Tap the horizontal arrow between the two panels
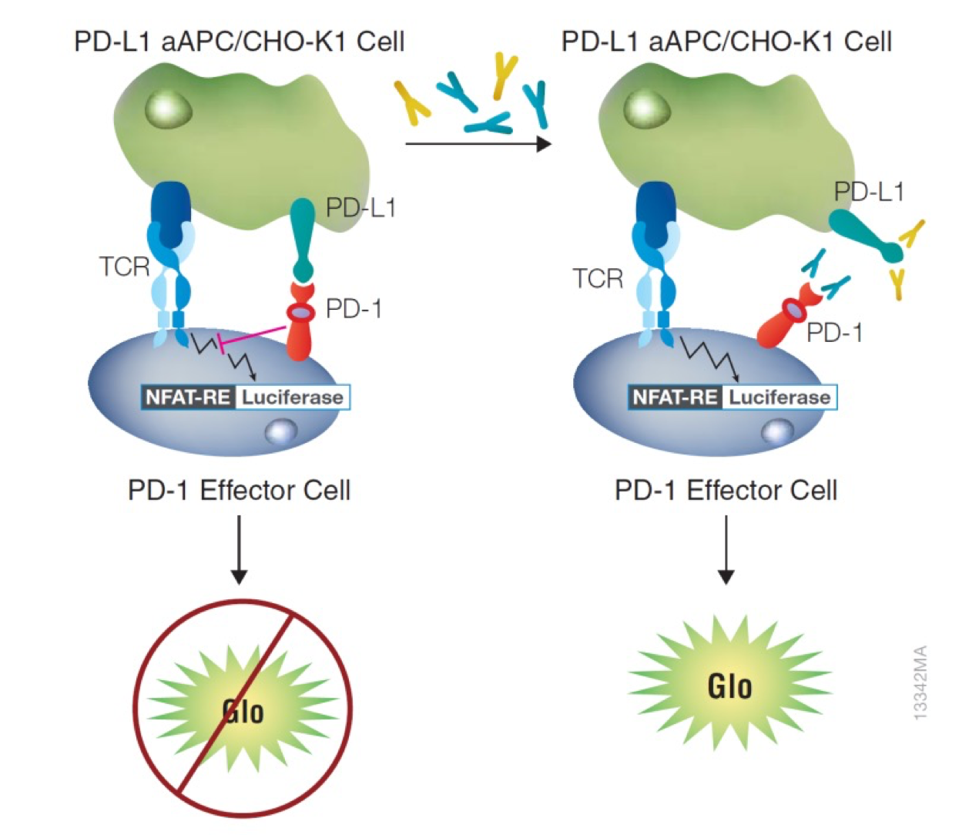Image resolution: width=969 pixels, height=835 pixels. coord(478,144)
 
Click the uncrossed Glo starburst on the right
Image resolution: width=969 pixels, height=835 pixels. coord(729,684)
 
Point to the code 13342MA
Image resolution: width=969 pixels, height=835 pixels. coord(920,682)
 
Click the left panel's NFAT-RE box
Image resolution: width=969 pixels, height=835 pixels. coord(189,397)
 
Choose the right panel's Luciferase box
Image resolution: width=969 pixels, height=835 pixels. coord(780,397)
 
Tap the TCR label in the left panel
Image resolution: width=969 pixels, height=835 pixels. coord(124,267)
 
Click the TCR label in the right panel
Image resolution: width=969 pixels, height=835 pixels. coord(598,278)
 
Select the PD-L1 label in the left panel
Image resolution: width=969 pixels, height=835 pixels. coord(360,207)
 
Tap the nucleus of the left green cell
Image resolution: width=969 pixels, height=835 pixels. coord(169,109)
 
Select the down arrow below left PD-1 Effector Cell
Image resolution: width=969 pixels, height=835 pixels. coord(240,550)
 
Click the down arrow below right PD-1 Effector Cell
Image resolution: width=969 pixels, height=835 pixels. coord(726,550)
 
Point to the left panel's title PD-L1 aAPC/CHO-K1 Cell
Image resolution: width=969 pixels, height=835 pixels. coord(239,41)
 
